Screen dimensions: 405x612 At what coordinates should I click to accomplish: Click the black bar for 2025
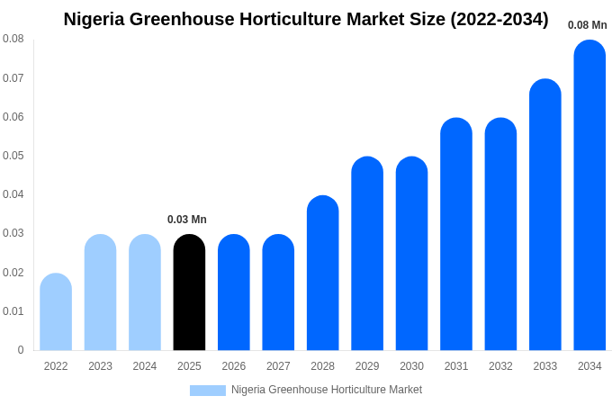[189, 292]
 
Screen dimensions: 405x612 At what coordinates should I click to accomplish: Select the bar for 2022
[56, 312]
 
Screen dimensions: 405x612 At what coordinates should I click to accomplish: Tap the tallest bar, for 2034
[589, 195]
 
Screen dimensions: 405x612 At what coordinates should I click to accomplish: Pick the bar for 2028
[322, 273]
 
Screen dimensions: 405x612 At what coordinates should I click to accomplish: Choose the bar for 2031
[456, 234]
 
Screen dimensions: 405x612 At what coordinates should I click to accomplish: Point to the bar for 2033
[545, 215]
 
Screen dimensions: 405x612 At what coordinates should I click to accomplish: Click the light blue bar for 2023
[100, 292]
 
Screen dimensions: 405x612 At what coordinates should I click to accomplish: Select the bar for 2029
[367, 254]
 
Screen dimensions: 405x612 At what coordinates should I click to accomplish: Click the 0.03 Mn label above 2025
[187, 220]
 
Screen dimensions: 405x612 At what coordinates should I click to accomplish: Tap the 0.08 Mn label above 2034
[587, 25]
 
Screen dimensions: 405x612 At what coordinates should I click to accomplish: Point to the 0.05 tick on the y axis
[13, 156]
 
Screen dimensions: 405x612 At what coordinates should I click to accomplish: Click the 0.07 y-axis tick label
[13, 78]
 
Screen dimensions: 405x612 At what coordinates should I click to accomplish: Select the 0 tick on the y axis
[21, 350]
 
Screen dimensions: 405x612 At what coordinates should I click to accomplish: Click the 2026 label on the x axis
[234, 366]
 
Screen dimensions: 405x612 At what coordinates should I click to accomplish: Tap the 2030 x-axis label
[411, 366]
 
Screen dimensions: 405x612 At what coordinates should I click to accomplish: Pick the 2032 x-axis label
[500, 366]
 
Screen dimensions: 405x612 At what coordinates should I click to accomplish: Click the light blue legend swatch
[207, 391]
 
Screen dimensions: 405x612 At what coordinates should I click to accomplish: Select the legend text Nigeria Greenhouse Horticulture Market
[327, 390]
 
